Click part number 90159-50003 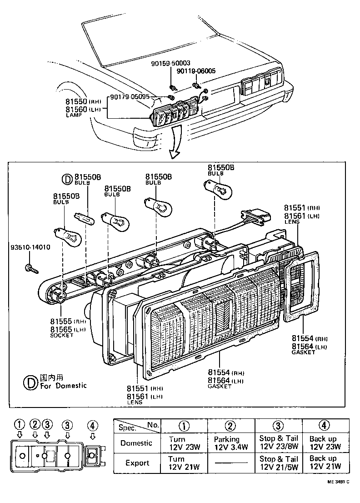(170, 64)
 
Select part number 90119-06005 (196, 71)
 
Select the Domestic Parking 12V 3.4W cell (230, 443)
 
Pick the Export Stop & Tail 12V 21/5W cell (279, 463)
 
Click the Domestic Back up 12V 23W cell (325, 443)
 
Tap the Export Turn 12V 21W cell (183, 463)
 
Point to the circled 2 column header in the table (230, 426)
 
